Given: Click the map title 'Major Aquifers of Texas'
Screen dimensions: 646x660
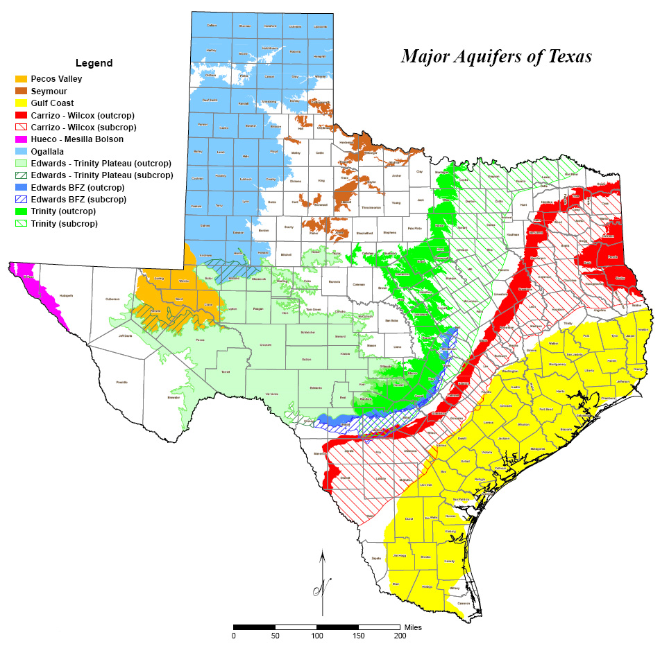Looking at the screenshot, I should coord(496,56).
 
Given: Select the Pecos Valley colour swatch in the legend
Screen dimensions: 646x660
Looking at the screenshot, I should coord(22,79).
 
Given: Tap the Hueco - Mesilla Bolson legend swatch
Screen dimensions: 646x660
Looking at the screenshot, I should coord(22,139).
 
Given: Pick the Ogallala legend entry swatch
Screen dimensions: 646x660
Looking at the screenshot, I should coord(22,151).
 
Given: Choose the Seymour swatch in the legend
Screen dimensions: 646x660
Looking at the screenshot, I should coord(22,91).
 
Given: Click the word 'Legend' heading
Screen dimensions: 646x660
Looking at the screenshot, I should coord(94,63).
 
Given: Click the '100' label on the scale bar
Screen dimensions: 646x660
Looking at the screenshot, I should coord(317,636).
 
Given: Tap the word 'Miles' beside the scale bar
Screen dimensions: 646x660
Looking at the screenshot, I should coord(413,627).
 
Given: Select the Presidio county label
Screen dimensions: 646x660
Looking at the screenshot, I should coord(121,382).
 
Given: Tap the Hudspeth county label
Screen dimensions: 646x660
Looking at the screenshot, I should coord(67,295).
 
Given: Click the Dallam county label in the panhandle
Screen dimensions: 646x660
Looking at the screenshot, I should coord(212,26).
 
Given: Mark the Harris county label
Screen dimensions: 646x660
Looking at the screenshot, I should coord(560,392).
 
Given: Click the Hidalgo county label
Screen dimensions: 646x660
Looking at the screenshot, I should coord(428,586).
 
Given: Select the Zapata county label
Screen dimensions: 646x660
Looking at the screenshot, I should coord(377,557).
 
